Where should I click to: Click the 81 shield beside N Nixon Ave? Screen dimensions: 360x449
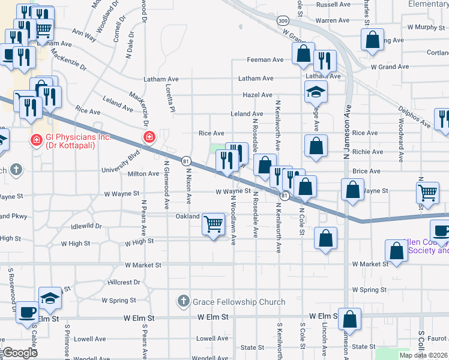(x=186, y=161)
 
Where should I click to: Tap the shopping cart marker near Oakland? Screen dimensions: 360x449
(x=214, y=224)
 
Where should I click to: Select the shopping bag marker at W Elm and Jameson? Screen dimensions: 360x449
(x=349, y=319)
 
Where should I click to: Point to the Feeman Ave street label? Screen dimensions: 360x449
(x=266, y=60)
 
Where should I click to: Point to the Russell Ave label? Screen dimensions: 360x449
(x=333, y=4)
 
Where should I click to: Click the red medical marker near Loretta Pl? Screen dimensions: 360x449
(x=148, y=138)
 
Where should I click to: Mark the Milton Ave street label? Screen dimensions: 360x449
(x=143, y=173)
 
